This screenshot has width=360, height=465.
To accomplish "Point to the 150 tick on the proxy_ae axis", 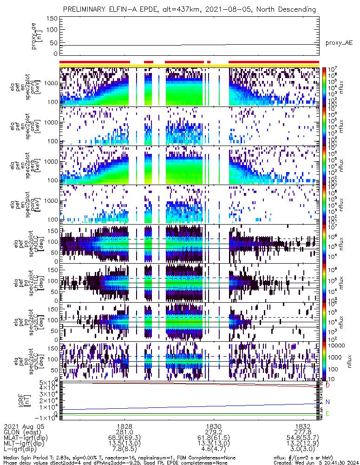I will click(x=52, y=18).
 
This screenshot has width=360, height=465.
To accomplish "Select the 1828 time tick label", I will click(x=124, y=426).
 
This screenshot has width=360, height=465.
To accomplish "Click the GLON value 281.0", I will click(x=124, y=432).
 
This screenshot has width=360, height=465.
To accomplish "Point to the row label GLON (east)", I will click(x=22, y=432).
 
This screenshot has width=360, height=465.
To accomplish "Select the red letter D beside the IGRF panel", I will click(x=327, y=385).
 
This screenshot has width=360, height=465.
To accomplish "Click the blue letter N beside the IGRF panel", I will click(x=327, y=402).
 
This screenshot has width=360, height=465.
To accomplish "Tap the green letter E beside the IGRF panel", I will click(x=327, y=413).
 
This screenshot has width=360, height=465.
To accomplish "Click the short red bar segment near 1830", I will click(x=209, y=61).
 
